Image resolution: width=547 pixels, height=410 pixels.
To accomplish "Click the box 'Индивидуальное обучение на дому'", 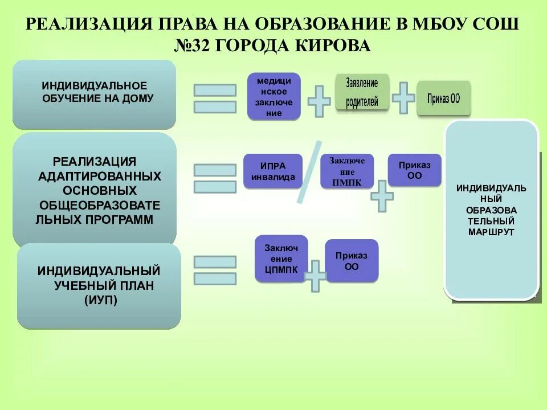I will pyautogui.click(x=94, y=95).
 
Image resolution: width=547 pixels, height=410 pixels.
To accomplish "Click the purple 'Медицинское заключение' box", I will pyautogui.click(x=273, y=96).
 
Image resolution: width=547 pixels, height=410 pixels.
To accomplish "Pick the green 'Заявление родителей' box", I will pyautogui.click(x=362, y=92).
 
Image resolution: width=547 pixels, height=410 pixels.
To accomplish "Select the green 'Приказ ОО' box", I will pyautogui.click(x=443, y=98).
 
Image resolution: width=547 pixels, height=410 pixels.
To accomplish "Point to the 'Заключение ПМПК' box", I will pyautogui.click(x=346, y=171).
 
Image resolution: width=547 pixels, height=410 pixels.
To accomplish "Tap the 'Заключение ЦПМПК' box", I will pyautogui.click(x=281, y=259).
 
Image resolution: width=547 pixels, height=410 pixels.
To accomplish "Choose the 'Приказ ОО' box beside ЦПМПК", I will pyautogui.click(x=352, y=261).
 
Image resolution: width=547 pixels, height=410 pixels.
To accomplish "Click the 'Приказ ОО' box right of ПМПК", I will pyautogui.click(x=415, y=170).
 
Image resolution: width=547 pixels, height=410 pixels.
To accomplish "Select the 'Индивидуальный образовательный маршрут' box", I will pyautogui.click(x=491, y=210).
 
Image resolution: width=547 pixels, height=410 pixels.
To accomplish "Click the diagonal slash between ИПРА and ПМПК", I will pyautogui.click(x=309, y=172).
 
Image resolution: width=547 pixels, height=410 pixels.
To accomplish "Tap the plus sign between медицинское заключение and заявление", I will pyautogui.click(x=319, y=102).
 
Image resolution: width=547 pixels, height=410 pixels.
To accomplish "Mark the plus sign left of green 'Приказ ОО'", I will pyautogui.click(x=403, y=97).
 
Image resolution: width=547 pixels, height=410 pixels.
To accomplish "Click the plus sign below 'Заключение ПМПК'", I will pyautogui.click(x=382, y=196).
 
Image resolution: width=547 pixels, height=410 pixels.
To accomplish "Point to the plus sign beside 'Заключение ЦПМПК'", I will pyautogui.click(x=315, y=276).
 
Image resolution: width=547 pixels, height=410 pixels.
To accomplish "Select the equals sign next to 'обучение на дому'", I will pyautogui.click(x=215, y=99).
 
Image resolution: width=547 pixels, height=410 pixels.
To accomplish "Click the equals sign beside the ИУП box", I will pyautogui.click(x=215, y=270).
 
